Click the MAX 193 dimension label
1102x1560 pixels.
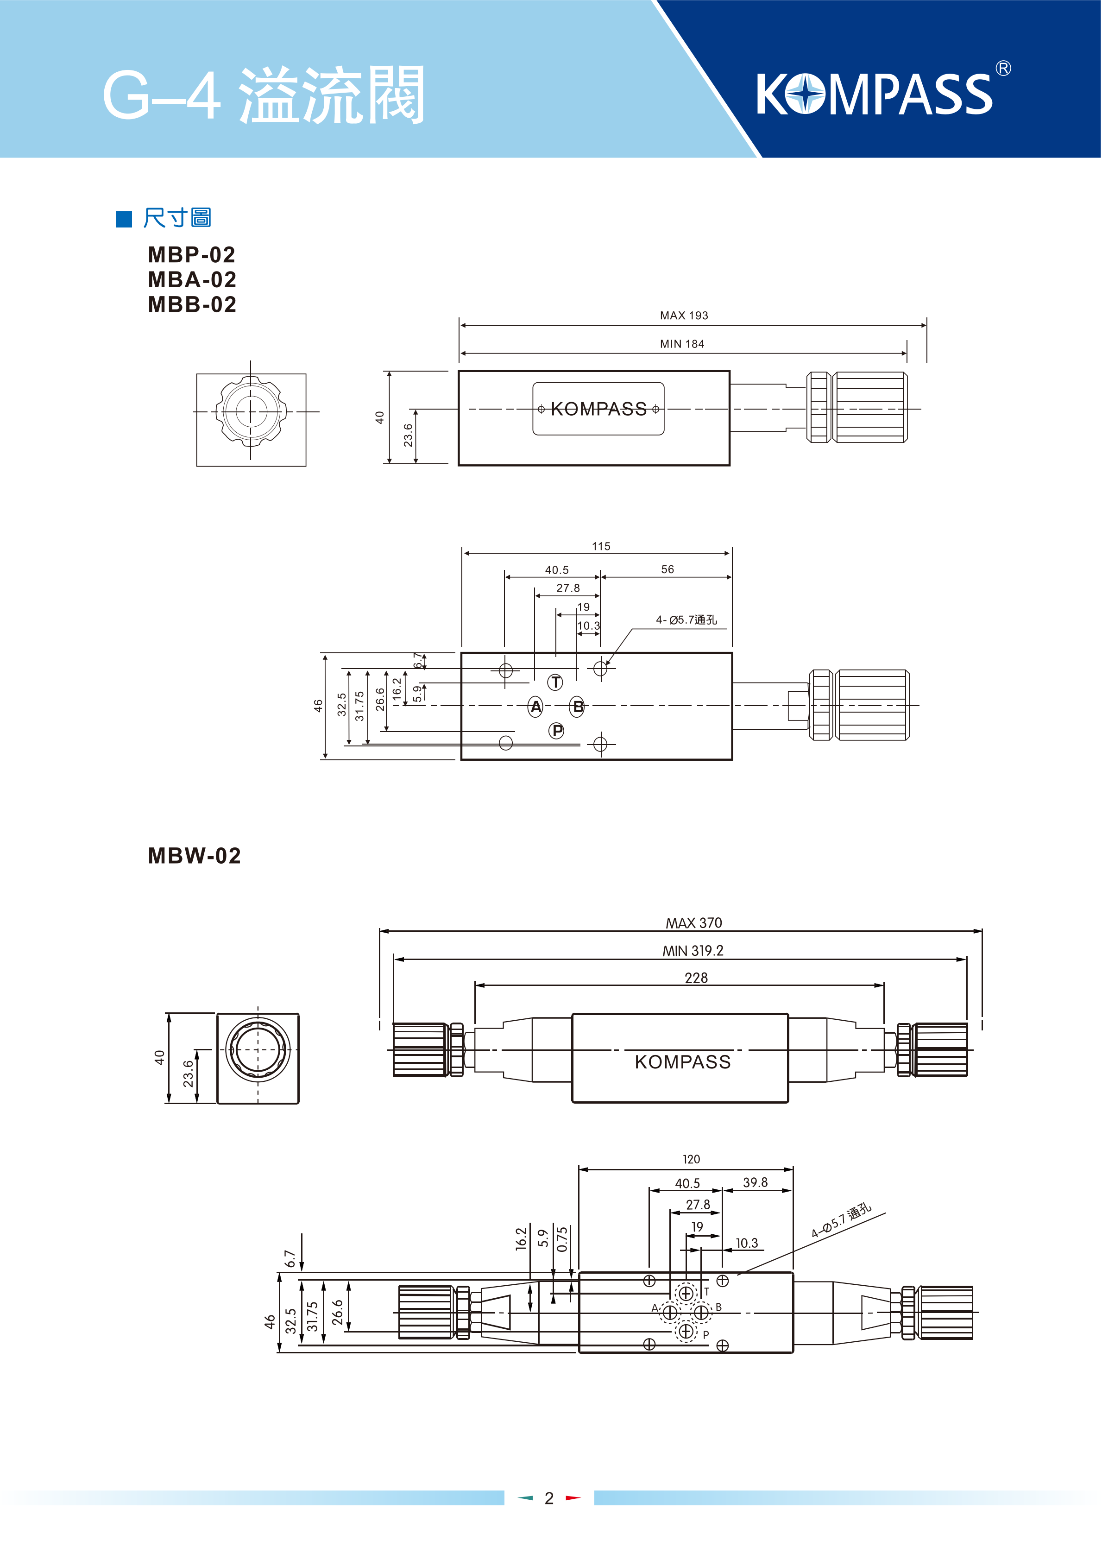(684, 315)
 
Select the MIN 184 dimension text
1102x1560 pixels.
(682, 344)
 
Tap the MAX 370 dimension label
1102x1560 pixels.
(694, 922)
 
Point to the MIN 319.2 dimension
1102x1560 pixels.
(693, 951)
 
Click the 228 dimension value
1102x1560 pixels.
(696, 978)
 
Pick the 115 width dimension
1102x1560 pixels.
(601, 546)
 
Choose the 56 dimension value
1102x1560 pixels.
(667, 569)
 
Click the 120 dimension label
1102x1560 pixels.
(691, 1159)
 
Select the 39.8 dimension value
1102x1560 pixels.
(755, 1182)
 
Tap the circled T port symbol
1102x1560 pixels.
(556, 682)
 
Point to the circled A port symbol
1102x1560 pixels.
(535, 707)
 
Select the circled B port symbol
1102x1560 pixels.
(578, 707)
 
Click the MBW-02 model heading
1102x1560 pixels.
(194, 855)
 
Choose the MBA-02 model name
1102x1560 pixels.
(192, 279)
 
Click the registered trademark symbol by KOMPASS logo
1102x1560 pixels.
(1003, 69)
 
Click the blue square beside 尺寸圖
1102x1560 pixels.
(124, 219)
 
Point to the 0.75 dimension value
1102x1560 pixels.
(562, 1238)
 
